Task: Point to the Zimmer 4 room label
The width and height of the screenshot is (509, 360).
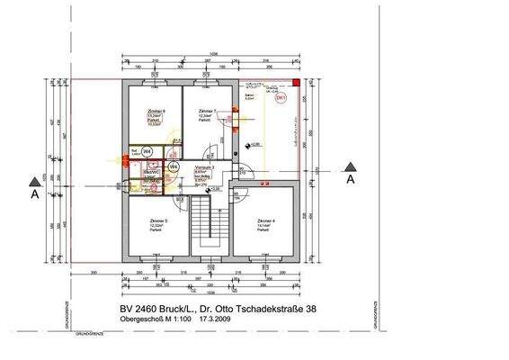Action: (263, 220)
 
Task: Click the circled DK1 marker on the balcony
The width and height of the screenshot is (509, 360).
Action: (281, 97)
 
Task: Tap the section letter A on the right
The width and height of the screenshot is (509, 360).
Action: (351, 179)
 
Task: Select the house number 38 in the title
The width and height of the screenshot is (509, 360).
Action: (308, 310)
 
